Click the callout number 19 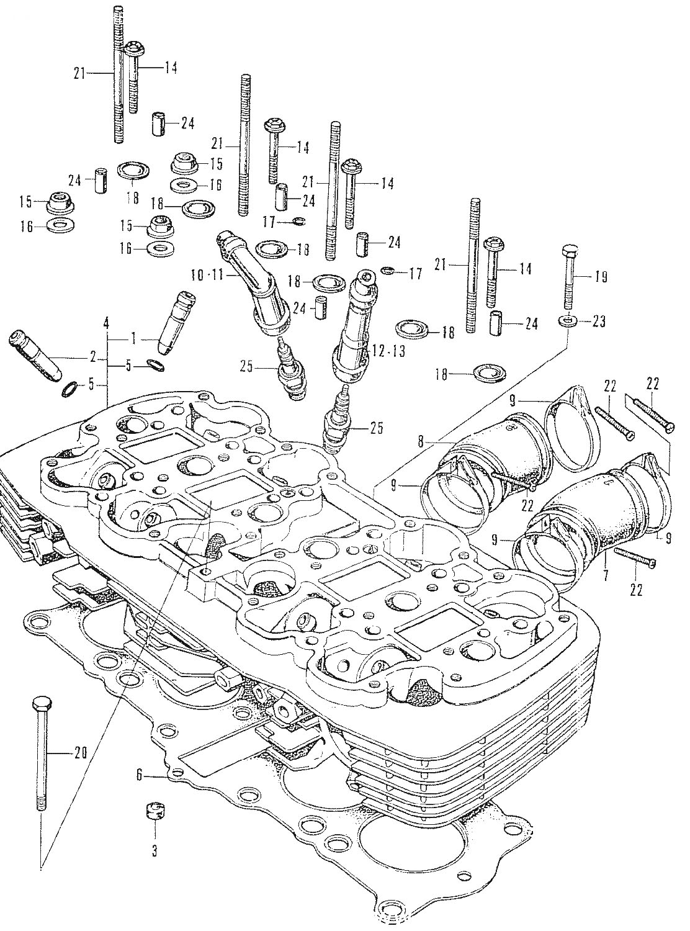coord(600,277)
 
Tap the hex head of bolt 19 coord(570,251)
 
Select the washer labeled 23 coord(567,321)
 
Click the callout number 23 coord(598,322)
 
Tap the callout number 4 coord(105,323)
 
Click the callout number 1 coord(133,339)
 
